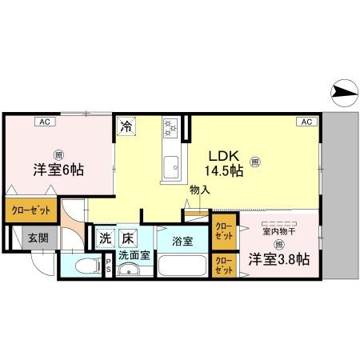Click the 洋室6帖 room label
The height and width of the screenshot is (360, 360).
tap(59, 170)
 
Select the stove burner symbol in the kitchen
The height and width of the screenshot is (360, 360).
tap(170, 126)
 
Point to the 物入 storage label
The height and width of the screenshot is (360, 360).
tap(199, 190)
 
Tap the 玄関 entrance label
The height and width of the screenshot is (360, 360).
tap(38, 238)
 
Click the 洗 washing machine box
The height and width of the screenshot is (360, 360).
tap(106, 238)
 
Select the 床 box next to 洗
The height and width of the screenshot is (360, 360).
tap(129, 238)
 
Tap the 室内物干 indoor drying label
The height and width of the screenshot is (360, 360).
tap(279, 230)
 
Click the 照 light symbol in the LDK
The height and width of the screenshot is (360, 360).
tap(254, 161)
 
